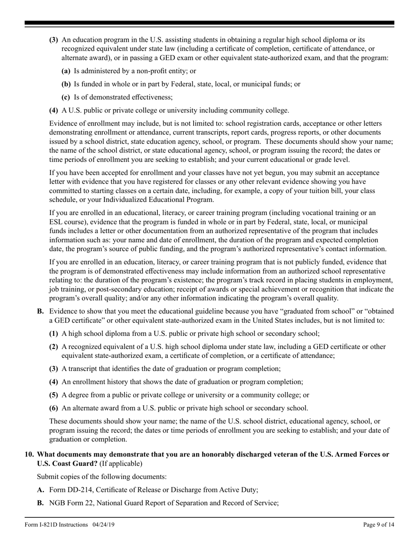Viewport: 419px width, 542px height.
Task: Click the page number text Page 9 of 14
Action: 376,524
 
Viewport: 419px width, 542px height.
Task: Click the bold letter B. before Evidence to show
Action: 41,311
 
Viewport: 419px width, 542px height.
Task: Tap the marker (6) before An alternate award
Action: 53,408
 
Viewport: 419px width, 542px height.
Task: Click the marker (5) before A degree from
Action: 53,395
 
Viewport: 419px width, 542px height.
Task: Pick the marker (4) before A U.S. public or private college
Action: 53,110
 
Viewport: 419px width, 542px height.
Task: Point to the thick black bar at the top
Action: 209,23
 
